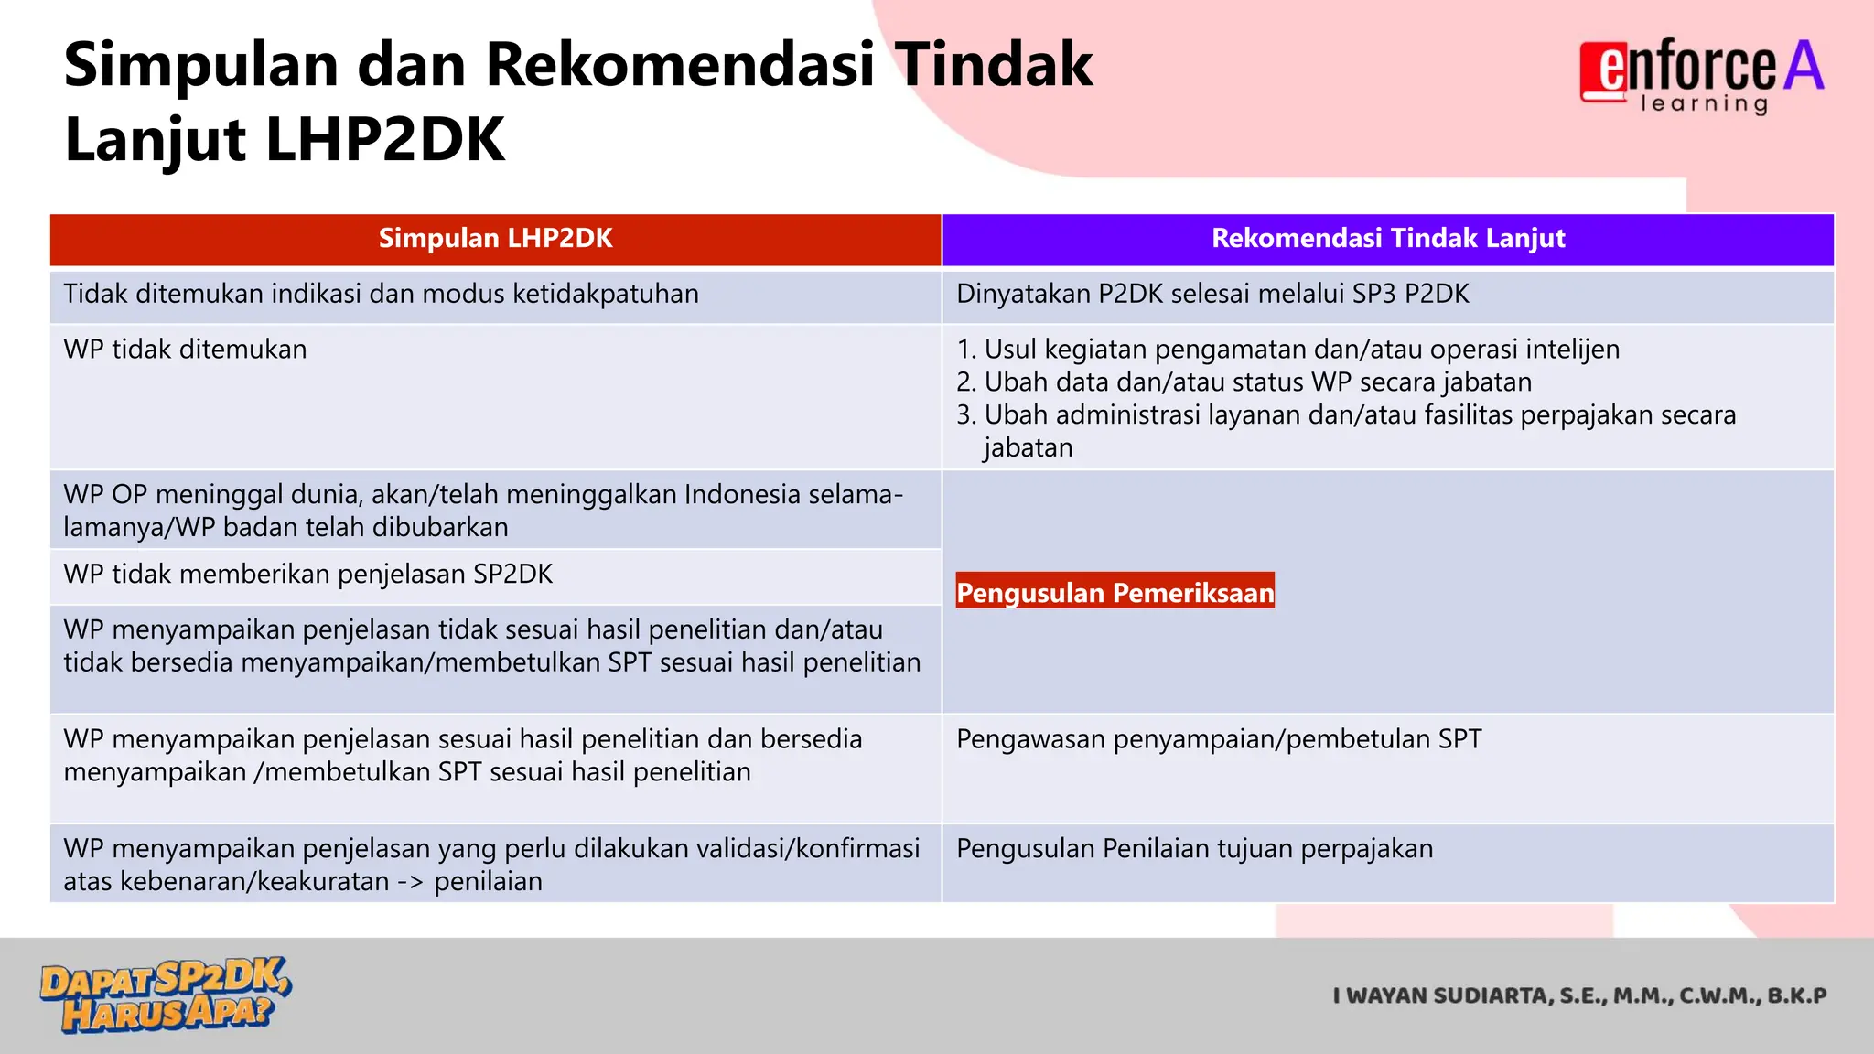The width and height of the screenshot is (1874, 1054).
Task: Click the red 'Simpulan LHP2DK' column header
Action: [x=495, y=239]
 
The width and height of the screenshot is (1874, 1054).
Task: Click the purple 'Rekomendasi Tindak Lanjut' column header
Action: [x=1387, y=239]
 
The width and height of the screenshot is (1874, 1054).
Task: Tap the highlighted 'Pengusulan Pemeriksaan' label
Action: [x=1115, y=593]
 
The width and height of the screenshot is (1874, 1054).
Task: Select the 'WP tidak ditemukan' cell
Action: [x=186, y=350]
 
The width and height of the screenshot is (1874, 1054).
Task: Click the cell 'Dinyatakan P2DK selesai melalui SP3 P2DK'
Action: [x=1212, y=295]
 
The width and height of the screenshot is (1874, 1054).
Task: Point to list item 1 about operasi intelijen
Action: [x=1287, y=350]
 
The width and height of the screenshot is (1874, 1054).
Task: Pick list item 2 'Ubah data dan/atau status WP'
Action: [x=1244, y=382]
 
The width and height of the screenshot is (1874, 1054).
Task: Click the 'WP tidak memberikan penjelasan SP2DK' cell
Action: [x=308, y=575]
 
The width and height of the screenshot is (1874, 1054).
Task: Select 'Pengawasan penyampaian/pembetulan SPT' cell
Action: [x=1218, y=739]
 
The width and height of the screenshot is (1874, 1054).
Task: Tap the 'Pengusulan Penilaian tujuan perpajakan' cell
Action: [x=1194, y=849]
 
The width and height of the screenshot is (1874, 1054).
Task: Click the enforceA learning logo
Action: [x=1701, y=73]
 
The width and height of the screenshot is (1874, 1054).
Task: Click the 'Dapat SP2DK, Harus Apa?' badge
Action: [x=165, y=995]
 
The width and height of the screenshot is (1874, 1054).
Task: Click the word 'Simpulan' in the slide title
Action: [x=200, y=66]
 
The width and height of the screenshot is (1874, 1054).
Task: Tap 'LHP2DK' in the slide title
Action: [x=384, y=141]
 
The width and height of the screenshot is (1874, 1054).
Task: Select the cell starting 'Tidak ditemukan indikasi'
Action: [x=381, y=295]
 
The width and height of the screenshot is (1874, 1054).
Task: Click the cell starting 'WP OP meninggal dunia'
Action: [x=482, y=511]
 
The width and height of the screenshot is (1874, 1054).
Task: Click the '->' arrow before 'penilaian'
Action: [x=410, y=882]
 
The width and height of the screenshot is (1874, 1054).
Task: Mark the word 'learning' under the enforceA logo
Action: [x=1704, y=104]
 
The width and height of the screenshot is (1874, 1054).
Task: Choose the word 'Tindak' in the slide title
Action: [x=993, y=66]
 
